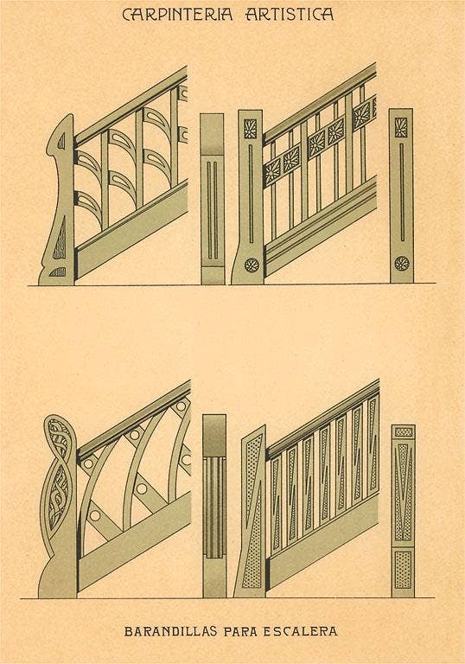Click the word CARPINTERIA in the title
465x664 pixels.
click(x=177, y=15)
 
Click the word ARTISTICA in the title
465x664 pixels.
click(x=290, y=15)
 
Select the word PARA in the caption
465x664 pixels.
click(x=240, y=631)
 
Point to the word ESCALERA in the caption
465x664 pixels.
click(x=301, y=631)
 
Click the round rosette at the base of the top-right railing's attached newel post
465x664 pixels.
click(x=252, y=265)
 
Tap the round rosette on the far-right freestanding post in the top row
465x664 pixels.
click(x=402, y=264)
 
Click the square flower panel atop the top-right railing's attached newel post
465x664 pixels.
click(x=251, y=129)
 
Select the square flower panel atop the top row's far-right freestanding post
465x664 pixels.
click(x=401, y=127)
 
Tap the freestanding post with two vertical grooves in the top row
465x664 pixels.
click(x=213, y=199)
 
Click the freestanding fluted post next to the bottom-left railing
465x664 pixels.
click(x=214, y=506)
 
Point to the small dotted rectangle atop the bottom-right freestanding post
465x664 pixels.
click(x=403, y=432)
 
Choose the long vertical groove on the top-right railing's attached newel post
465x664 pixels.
click(x=251, y=194)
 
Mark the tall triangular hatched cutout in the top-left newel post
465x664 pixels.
click(x=61, y=239)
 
